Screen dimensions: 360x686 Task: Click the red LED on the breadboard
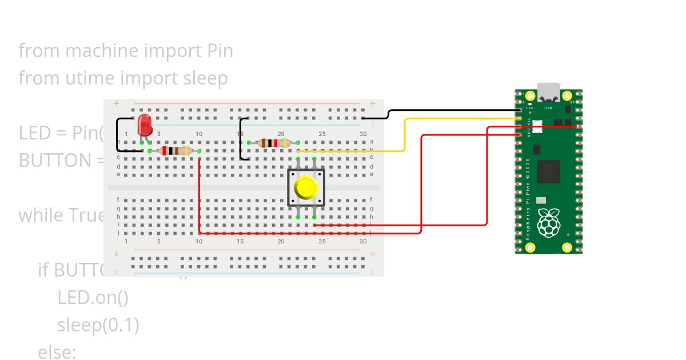(x=145, y=124)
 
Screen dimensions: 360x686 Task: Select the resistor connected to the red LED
(x=174, y=151)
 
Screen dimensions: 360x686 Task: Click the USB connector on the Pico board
(x=549, y=91)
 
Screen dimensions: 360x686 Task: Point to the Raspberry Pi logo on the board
(x=549, y=223)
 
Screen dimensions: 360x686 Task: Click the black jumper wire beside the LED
(x=118, y=134)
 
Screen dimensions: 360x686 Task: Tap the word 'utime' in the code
(x=86, y=78)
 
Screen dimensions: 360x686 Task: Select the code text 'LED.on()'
(x=93, y=298)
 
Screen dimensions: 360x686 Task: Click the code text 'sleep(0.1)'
(x=98, y=325)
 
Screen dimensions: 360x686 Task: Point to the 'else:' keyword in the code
(x=57, y=352)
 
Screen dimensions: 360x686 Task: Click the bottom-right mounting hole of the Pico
(x=567, y=247)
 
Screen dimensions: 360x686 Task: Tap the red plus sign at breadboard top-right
(x=373, y=103)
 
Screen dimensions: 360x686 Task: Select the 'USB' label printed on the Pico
(x=548, y=107)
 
